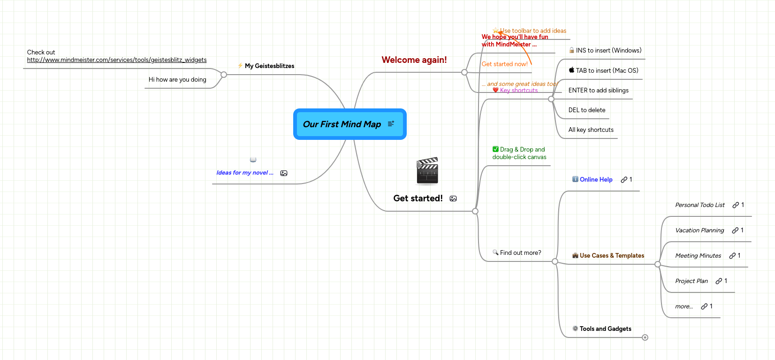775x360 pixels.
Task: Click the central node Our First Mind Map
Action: (342, 124)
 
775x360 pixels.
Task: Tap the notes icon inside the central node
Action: (391, 124)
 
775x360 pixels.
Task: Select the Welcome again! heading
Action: (414, 60)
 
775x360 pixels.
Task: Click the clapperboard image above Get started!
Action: (427, 171)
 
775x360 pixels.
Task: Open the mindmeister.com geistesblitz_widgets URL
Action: (116, 60)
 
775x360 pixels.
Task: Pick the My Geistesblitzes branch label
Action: (269, 66)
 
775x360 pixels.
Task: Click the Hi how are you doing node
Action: (177, 80)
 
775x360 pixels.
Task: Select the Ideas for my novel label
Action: (244, 173)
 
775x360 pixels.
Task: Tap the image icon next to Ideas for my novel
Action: (284, 173)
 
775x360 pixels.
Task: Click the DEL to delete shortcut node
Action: (586, 110)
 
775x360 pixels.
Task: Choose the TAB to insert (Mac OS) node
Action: (607, 71)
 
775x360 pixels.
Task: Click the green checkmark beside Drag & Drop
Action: (495, 149)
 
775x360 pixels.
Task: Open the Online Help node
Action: (596, 180)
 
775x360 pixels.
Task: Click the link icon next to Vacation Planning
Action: (735, 230)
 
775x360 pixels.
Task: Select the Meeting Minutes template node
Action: (698, 256)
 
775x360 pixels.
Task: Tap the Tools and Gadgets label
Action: (605, 329)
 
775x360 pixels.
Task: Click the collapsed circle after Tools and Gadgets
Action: (645, 337)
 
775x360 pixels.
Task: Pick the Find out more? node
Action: (520, 253)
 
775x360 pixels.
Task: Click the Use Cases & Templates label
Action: (612, 256)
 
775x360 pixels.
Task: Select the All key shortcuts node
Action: (591, 130)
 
